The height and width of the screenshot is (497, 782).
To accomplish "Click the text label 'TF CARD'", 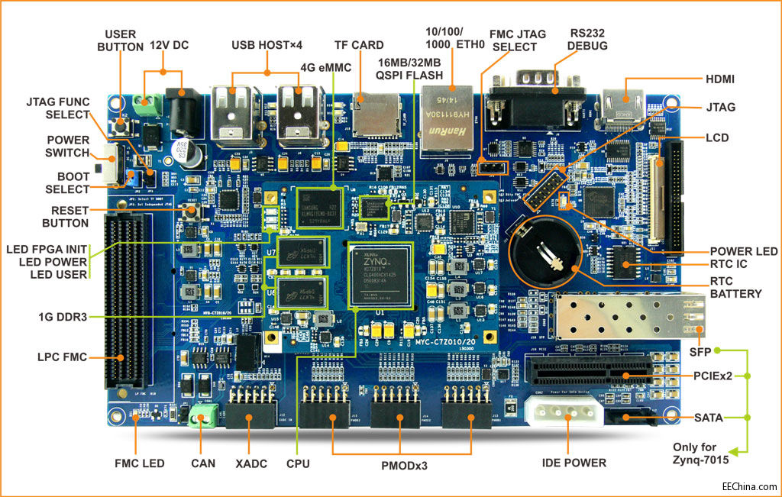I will [x=359, y=45].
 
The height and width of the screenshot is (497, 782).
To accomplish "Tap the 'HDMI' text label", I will [x=721, y=79].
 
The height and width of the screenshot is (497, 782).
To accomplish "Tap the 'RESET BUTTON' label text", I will [x=64, y=217].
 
